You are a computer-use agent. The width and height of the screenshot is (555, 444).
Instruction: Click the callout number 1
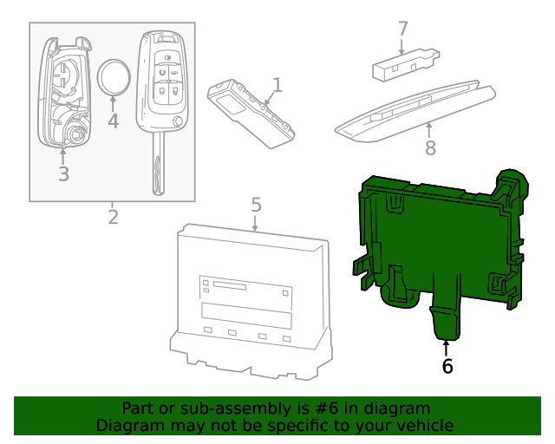coord(277,84)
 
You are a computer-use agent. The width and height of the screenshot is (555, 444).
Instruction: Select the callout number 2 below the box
coord(113,216)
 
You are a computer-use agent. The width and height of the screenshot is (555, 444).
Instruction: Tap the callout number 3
coord(63,173)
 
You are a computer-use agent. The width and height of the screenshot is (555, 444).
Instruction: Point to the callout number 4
coord(113,121)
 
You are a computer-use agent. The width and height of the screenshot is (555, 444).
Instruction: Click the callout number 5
coord(256,205)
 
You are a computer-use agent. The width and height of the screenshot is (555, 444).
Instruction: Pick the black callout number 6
coord(447,366)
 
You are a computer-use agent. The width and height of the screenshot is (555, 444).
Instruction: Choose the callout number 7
coord(402,29)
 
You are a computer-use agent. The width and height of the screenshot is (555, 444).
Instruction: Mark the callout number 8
coord(430,147)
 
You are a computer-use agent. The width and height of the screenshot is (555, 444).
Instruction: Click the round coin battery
coord(114,78)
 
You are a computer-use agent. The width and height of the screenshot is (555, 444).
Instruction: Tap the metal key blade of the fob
coord(157,169)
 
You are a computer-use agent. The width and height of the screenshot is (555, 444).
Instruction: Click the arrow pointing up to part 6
coord(447,348)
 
